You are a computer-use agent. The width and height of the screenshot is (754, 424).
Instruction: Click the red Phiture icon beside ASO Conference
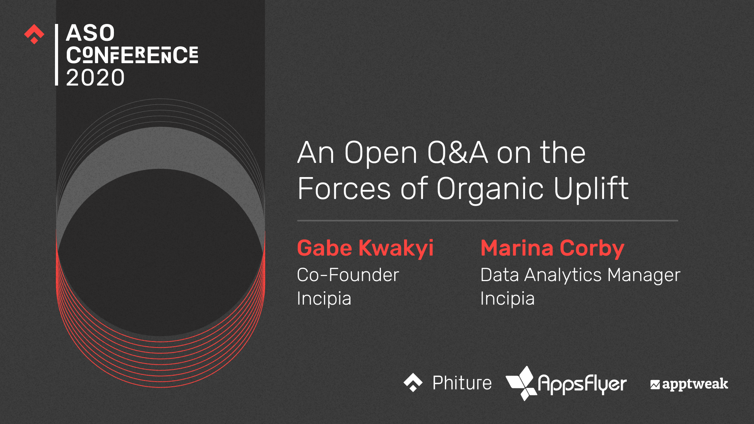tap(34, 35)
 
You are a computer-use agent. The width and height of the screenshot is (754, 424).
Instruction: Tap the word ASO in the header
tap(90, 33)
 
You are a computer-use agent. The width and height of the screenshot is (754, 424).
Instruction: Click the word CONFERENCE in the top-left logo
tap(132, 55)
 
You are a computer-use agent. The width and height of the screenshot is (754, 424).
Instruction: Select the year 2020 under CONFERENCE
tap(95, 77)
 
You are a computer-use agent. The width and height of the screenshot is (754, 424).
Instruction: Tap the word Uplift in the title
tap(591, 188)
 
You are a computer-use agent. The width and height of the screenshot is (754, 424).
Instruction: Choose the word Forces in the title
tap(344, 188)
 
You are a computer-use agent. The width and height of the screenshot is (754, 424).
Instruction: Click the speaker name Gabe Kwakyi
tap(365, 249)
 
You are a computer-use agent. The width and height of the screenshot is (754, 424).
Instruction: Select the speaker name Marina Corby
tap(552, 249)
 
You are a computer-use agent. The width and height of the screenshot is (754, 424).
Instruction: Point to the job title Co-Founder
tap(348, 275)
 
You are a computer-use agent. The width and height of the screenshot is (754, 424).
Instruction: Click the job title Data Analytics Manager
tap(580, 275)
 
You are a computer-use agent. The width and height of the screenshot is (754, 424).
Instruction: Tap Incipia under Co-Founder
tap(324, 299)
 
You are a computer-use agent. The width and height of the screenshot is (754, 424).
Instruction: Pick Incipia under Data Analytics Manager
tap(507, 299)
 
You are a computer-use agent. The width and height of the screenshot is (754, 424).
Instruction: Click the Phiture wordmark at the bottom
tap(462, 383)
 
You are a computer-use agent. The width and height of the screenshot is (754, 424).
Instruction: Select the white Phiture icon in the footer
tap(413, 382)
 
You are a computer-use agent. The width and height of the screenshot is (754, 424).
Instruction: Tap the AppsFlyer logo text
tap(582, 384)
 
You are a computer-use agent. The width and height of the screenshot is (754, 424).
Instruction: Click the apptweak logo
tap(689, 384)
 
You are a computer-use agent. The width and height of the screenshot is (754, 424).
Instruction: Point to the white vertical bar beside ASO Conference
tap(57, 55)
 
